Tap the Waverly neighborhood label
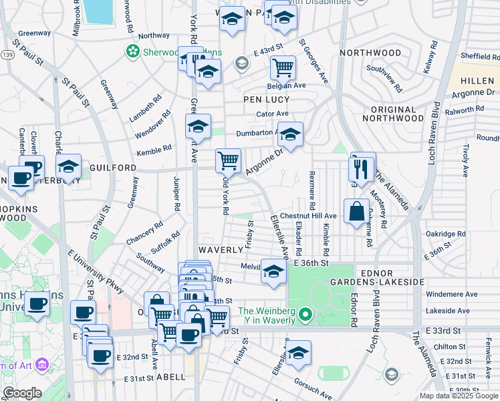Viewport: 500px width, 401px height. tap(220, 249)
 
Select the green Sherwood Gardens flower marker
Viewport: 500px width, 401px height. tap(133, 51)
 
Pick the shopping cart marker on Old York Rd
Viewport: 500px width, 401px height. tap(229, 160)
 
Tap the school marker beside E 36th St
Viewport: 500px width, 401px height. tap(273, 271)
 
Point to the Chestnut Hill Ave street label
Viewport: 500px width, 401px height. tap(308, 216)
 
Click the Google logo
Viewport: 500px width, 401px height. tap(22, 393)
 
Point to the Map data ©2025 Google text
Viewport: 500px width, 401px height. tap(458, 396)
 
